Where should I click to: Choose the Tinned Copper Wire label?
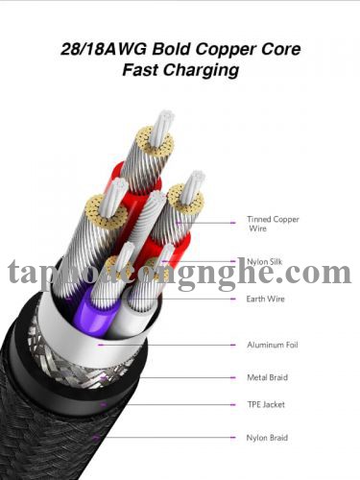[x=273, y=224]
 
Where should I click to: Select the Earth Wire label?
[x=265, y=300]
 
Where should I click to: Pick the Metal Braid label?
[x=266, y=376]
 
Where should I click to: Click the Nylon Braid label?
[x=266, y=437]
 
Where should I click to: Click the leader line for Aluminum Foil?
[x=192, y=344]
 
